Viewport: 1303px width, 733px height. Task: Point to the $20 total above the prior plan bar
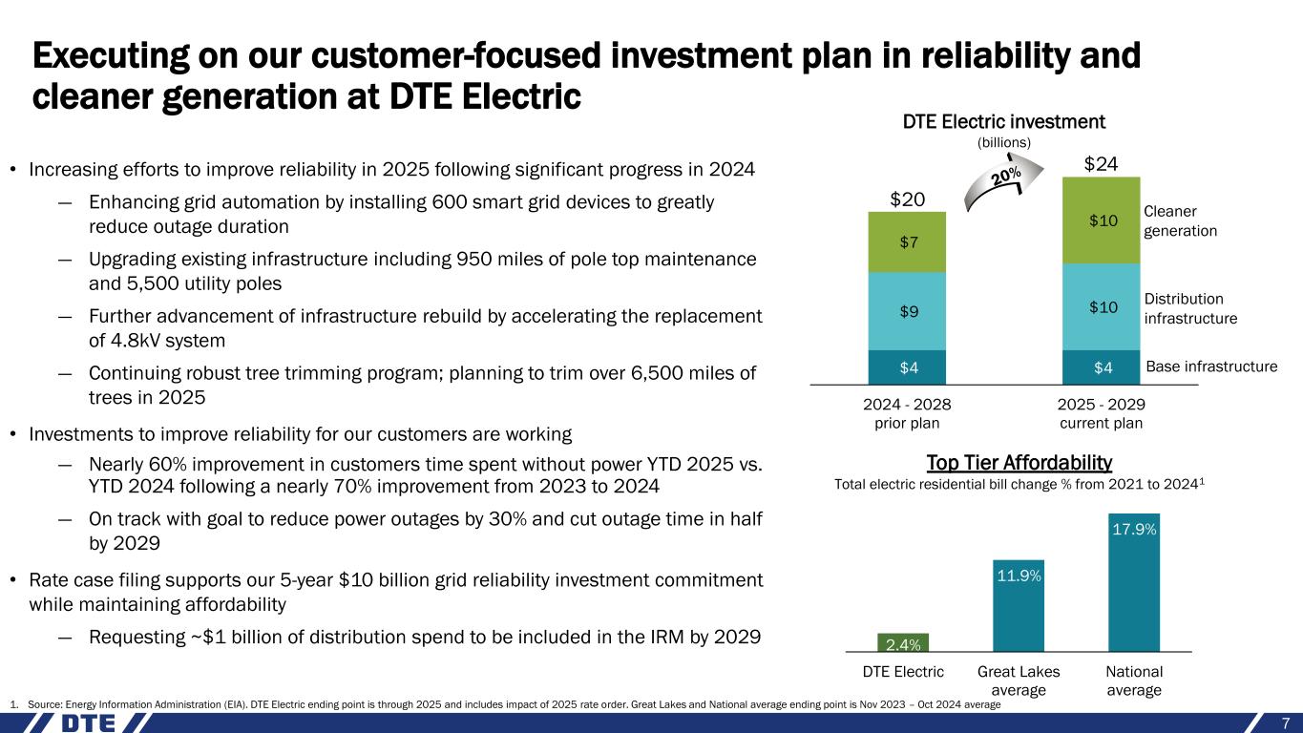point(907,199)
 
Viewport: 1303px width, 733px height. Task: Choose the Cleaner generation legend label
point(1180,220)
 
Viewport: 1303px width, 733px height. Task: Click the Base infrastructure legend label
point(1210,366)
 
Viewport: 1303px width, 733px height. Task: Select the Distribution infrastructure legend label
point(1190,308)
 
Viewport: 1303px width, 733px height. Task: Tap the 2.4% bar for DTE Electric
point(903,641)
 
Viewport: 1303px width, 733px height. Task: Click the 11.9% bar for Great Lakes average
point(1019,605)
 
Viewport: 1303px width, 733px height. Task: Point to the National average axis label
point(1134,681)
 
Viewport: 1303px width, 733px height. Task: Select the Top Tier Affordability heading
point(1019,463)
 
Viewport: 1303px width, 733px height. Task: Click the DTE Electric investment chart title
point(1003,122)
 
